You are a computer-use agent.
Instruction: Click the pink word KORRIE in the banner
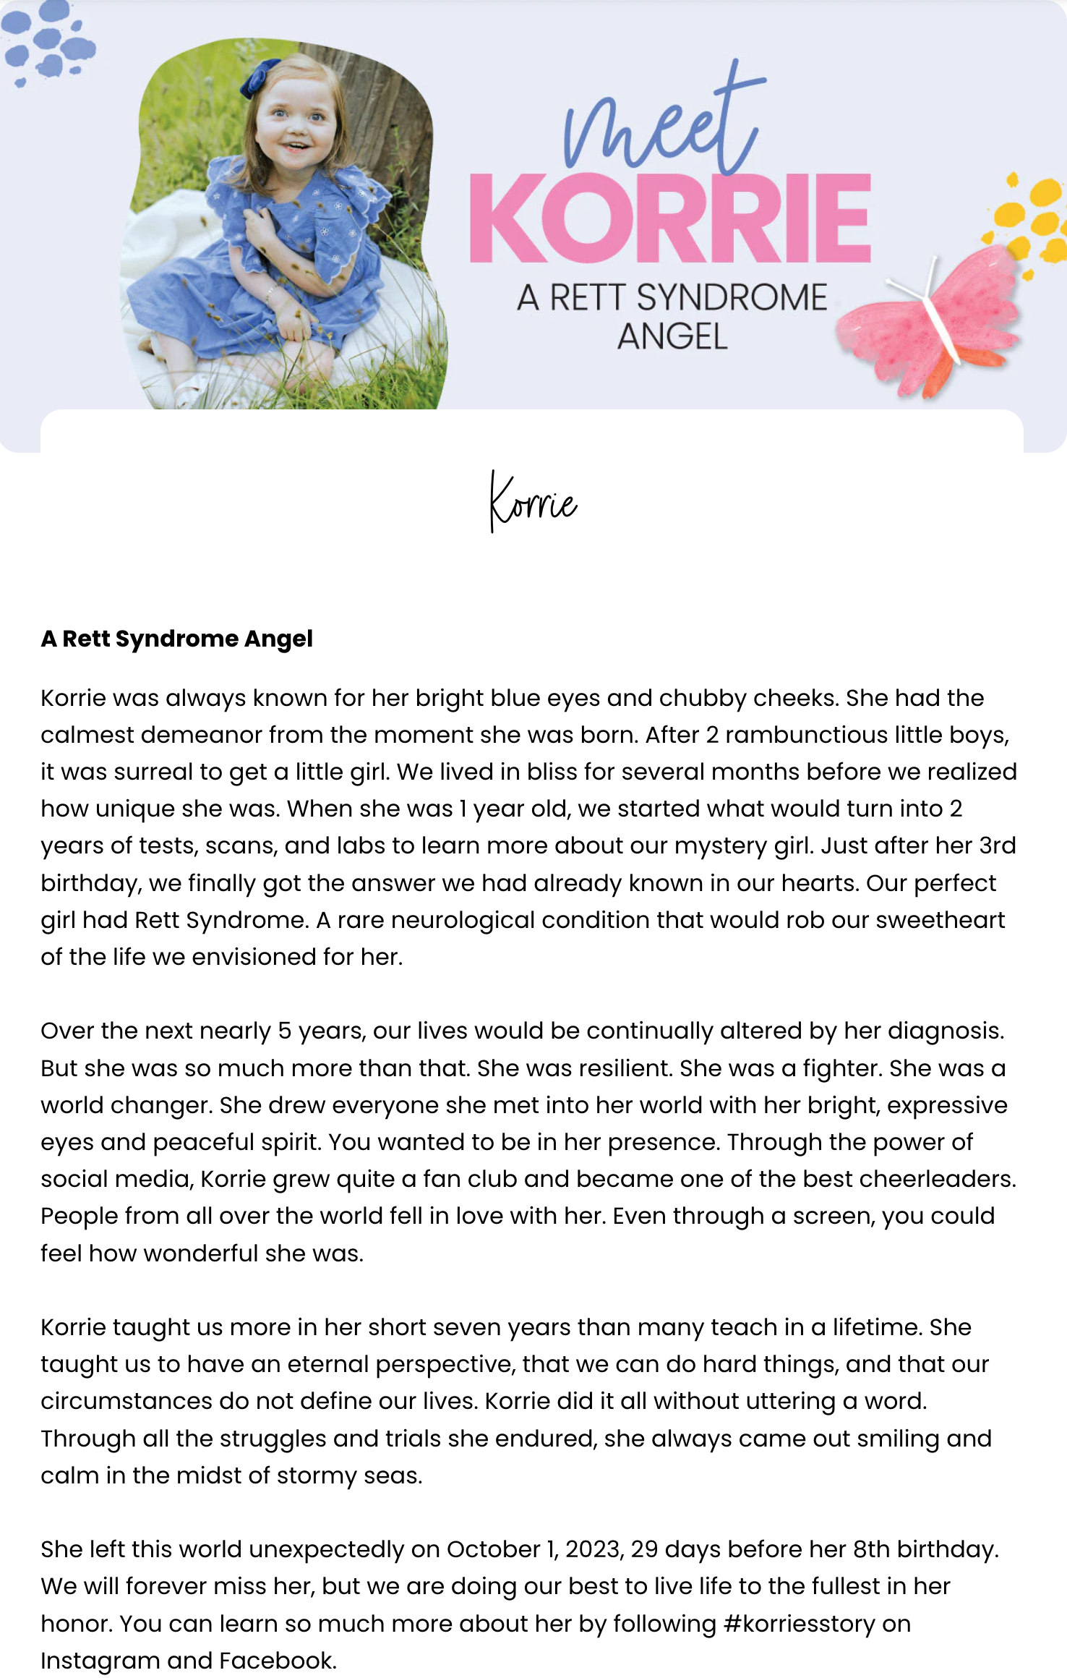click(x=670, y=218)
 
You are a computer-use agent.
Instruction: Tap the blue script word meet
click(x=661, y=123)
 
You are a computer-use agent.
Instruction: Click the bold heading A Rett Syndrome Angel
click(x=177, y=639)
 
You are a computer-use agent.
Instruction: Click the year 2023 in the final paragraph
click(x=594, y=1549)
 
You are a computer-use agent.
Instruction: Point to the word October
click(x=492, y=1549)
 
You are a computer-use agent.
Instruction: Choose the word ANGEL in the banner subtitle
click(x=672, y=337)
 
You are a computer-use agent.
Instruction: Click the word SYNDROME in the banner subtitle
click(x=732, y=297)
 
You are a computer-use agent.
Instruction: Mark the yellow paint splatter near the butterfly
click(x=1030, y=217)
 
